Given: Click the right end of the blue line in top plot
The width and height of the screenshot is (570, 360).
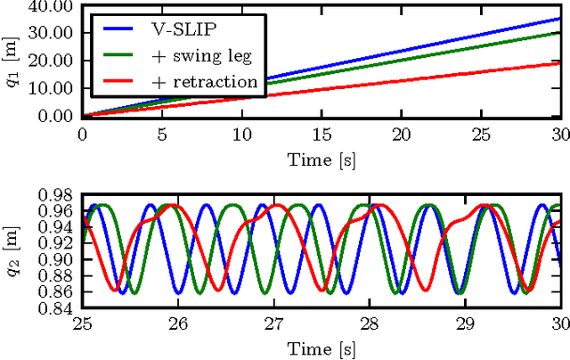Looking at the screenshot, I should point(559,19).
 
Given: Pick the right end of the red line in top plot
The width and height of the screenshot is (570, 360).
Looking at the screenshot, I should point(559,63).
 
